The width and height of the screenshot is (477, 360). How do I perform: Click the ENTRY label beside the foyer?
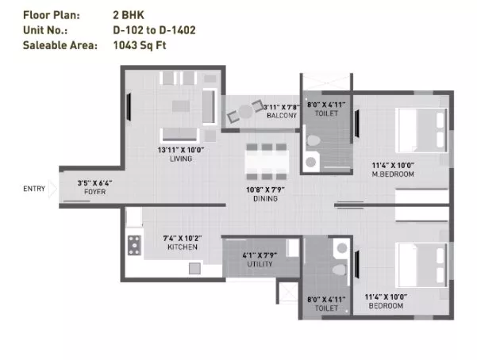click(34, 189)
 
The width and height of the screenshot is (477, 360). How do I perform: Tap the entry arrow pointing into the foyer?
click(52, 189)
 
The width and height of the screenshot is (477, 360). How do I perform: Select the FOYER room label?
click(95, 192)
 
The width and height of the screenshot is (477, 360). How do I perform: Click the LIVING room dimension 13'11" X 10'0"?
click(181, 150)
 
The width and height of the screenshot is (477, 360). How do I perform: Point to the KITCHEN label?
click(183, 247)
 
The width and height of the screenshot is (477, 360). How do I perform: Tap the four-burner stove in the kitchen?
click(134, 245)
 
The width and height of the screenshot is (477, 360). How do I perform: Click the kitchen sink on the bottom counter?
click(194, 269)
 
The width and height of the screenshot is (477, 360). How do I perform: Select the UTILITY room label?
click(260, 264)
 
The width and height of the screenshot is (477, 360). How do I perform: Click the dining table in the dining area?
click(267, 162)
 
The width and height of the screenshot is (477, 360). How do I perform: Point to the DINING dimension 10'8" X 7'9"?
click(265, 190)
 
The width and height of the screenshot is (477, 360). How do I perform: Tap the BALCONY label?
click(282, 116)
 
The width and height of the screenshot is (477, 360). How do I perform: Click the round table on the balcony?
click(245, 112)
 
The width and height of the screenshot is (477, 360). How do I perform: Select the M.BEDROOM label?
click(393, 174)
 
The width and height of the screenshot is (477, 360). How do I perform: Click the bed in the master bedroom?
click(421, 130)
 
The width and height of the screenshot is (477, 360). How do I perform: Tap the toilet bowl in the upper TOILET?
click(314, 140)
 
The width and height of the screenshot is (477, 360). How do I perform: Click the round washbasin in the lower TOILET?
click(342, 248)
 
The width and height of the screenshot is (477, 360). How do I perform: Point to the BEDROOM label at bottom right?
click(386, 305)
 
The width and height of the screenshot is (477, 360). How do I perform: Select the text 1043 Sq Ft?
click(140, 45)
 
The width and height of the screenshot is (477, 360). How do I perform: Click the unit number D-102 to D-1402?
click(154, 30)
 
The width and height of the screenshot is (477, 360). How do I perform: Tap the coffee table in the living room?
click(181, 106)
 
